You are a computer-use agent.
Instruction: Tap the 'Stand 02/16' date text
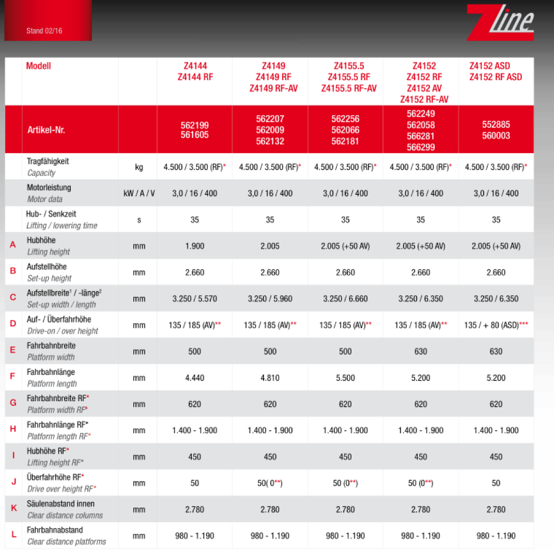click(x=44, y=31)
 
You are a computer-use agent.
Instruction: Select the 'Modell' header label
click(x=39, y=66)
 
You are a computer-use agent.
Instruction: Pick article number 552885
click(x=496, y=125)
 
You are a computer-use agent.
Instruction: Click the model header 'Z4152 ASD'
click(x=489, y=66)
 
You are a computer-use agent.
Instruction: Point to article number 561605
click(x=194, y=135)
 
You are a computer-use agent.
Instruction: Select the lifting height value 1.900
click(x=194, y=246)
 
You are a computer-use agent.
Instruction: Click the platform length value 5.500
click(x=345, y=378)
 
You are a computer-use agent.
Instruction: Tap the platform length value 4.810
click(x=270, y=378)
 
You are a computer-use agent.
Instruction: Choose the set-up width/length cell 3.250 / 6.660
click(x=345, y=299)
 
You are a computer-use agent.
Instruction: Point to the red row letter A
click(x=13, y=245)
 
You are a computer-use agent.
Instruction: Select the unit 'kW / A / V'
click(x=139, y=193)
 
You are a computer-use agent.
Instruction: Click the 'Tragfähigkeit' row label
click(x=48, y=161)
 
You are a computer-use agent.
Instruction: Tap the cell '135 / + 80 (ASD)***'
click(x=496, y=325)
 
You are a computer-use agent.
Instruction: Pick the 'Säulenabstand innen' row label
click(x=60, y=503)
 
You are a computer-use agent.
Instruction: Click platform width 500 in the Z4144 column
click(x=194, y=352)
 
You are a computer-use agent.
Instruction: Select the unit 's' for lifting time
click(x=139, y=220)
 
